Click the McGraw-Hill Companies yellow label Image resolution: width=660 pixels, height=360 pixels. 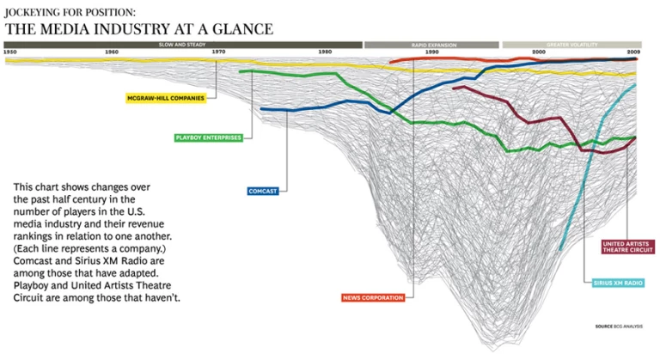point(166,98)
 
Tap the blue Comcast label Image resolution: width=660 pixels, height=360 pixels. point(262,191)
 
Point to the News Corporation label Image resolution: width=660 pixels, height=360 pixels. point(372,297)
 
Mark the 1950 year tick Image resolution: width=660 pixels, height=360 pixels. point(10,52)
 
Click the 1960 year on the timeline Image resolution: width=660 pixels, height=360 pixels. point(112,52)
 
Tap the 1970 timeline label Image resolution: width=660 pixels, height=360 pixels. point(218,52)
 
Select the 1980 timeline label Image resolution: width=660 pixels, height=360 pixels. point(324,52)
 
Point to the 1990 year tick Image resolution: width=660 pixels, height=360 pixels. point(431,52)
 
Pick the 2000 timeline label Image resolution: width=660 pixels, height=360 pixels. point(538,52)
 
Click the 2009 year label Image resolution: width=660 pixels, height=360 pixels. point(632,52)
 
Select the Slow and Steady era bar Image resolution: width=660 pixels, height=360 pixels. point(182,43)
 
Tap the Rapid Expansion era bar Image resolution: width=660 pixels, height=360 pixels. point(431,43)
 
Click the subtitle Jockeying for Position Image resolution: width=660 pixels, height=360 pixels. point(70,13)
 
